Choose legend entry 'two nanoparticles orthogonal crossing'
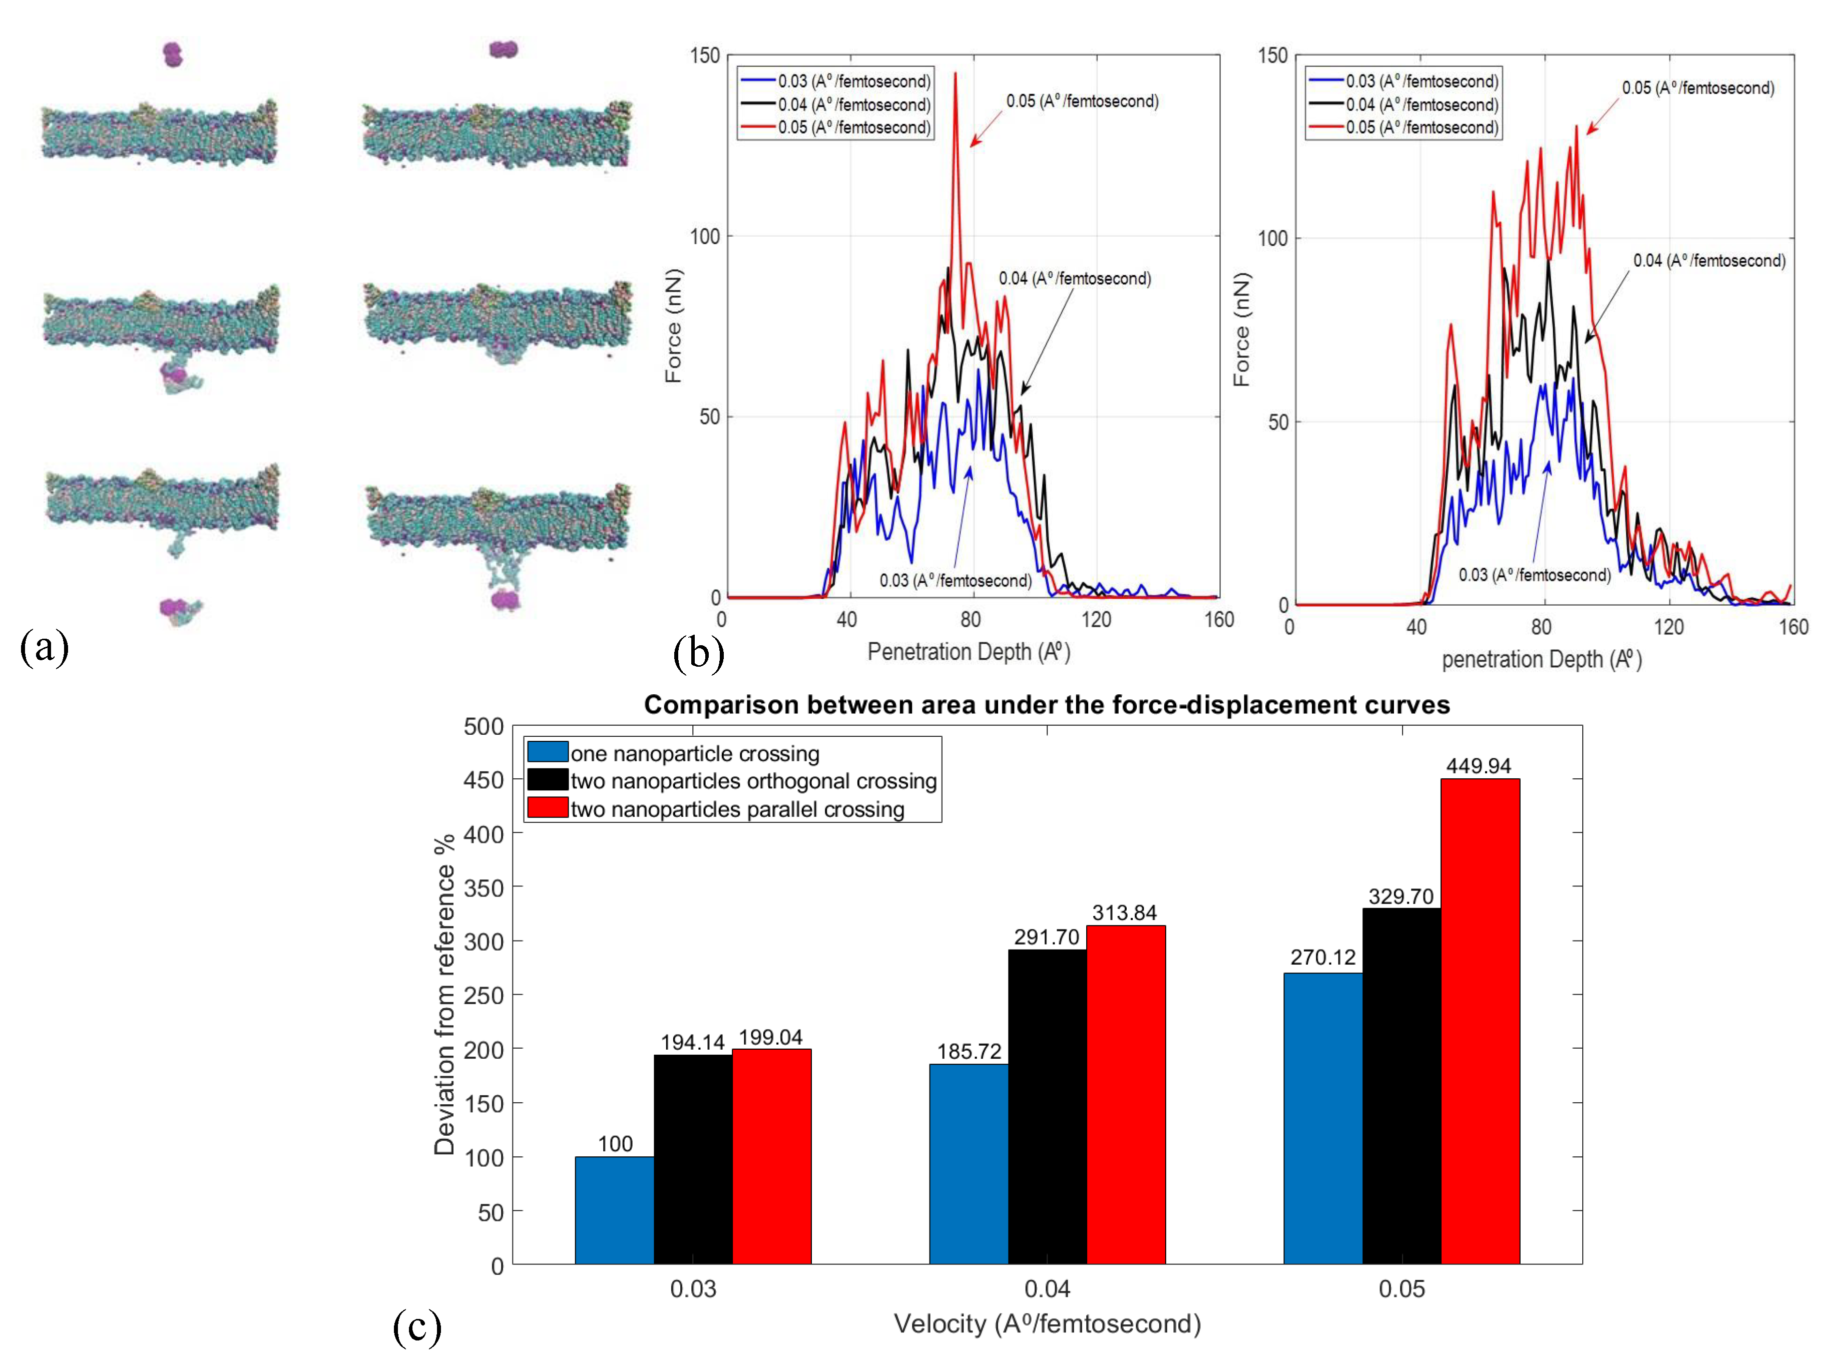(753, 781)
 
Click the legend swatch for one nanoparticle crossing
(548, 752)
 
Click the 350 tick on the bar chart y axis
(484, 887)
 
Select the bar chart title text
(1047, 705)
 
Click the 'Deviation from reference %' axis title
(444, 994)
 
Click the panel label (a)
(44, 646)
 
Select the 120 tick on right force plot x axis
(1668, 627)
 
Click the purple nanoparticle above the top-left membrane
(172, 55)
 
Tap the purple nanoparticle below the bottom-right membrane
(504, 599)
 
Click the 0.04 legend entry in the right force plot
(1421, 104)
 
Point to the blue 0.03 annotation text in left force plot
(955, 581)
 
